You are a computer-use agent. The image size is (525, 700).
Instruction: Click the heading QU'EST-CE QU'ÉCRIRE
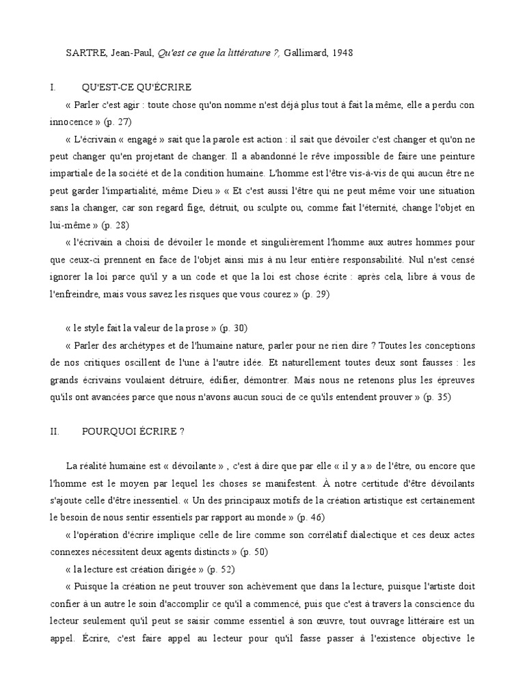[137, 87]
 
